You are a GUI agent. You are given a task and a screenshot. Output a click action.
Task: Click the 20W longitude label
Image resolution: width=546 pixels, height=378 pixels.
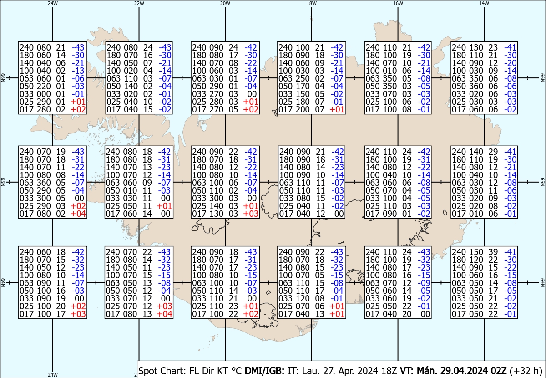pyautogui.click(x=225, y=3)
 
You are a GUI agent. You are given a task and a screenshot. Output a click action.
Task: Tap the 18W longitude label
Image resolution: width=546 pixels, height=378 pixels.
pyautogui.click(x=311, y=3)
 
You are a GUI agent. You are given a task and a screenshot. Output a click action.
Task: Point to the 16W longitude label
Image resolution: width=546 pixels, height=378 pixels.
pyautogui.click(x=398, y=3)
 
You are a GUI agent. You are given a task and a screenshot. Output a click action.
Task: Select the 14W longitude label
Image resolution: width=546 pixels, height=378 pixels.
pyautogui.click(x=484, y=3)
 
